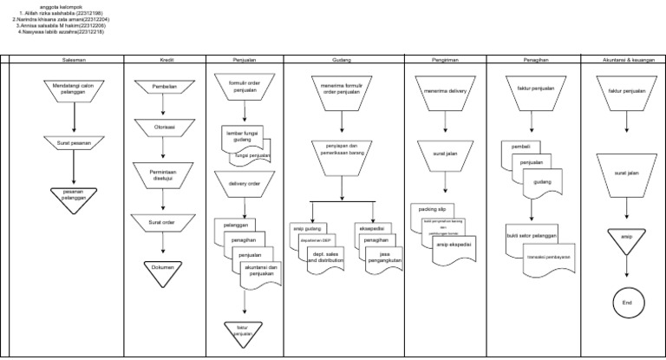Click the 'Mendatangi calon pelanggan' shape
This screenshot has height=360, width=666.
tap(74, 91)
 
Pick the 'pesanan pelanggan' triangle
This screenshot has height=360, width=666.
tap(74, 198)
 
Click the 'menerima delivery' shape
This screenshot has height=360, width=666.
tap(446, 90)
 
